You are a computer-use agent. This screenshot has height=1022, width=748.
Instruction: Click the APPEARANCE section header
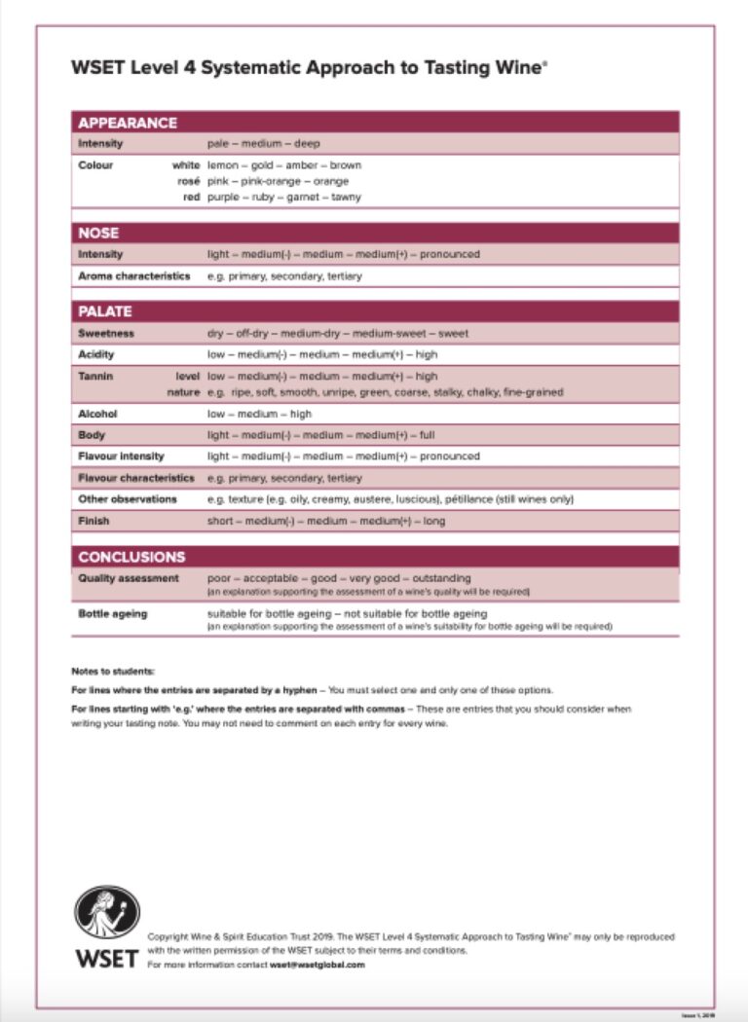(128, 123)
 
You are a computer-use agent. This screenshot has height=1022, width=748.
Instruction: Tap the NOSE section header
(99, 234)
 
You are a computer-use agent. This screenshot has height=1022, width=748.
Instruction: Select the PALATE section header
(105, 311)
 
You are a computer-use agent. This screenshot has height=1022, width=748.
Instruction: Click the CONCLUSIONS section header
(131, 557)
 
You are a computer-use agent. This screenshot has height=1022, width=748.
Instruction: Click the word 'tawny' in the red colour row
(346, 197)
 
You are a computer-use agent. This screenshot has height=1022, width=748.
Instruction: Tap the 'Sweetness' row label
(106, 333)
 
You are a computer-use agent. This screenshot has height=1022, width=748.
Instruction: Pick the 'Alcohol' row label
(97, 414)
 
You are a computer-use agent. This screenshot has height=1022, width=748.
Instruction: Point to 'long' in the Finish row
(434, 521)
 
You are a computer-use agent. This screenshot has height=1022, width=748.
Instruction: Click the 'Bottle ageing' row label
(113, 614)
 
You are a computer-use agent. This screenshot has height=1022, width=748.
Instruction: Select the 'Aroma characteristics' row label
(134, 276)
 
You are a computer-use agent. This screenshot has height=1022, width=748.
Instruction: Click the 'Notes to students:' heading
(113, 672)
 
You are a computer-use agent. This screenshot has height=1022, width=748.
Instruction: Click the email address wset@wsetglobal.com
(318, 965)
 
